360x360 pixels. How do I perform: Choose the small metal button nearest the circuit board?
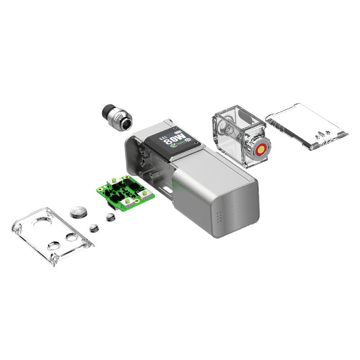[109, 218]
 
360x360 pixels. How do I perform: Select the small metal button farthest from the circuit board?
[94, 227]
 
